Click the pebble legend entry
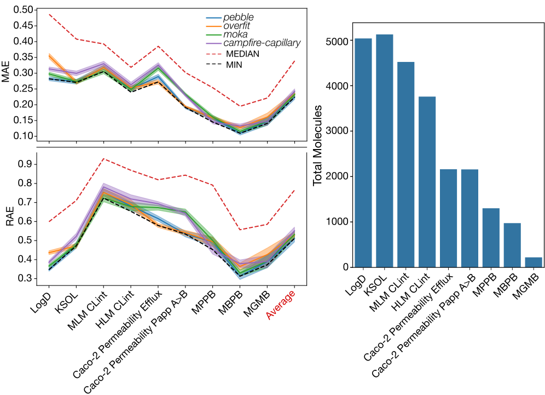point(238,18)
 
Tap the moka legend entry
point(235,34)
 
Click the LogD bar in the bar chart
point(363,153)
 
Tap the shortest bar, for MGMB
point(533,262)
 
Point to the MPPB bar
point(491,238)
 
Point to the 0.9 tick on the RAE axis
point(26,164)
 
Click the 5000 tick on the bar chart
point(337,41)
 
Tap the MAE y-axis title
point(7,72)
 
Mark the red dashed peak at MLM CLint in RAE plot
point(103,159)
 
